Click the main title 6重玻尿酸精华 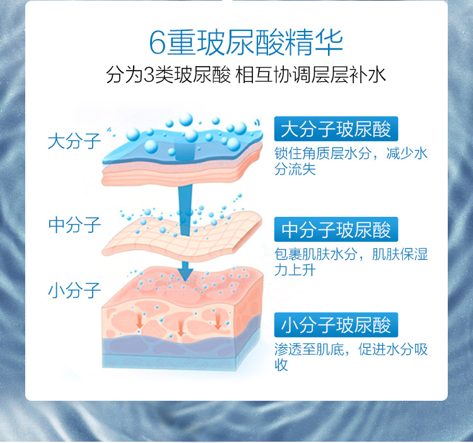[246, 42]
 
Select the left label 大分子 [74, 141]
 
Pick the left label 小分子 [74, 291]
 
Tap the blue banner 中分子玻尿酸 [336, 230]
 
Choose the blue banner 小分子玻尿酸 [336, 325]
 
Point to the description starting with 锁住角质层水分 [351, 161]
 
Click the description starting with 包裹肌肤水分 [351, 262]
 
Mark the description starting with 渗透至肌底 [351, 357]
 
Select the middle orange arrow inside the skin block [181, 326]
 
